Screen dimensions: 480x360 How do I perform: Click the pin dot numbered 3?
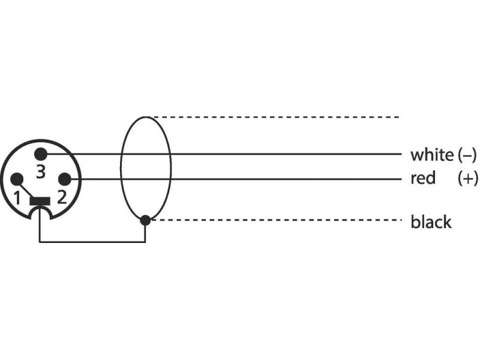[x=41, y=154]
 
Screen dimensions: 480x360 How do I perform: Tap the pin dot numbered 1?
[x=17, y=179]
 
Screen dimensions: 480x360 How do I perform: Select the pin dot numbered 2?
[x=65, y=179]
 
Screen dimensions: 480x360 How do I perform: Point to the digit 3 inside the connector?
[x=41, y=172]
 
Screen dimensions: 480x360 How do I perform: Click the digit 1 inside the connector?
[x=17, y=198]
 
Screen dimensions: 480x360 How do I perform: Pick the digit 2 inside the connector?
[x=62, y=197]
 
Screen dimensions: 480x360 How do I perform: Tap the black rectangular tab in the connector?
[x=40, y=201]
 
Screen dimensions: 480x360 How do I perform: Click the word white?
[x=432, y=155]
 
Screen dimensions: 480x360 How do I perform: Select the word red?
[x=423, y=178]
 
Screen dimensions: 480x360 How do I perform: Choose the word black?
[x=431, y=221]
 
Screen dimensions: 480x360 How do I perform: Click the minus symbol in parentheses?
[x=467, y=155]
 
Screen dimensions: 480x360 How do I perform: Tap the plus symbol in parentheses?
[x=467, y=178]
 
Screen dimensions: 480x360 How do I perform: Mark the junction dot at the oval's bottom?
[x=145, y=220]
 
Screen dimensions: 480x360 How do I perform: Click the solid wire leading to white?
[x=221, y=154]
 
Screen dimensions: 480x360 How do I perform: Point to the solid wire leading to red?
[x=233, y=179]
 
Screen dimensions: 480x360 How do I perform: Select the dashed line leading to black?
[x=276, y=220]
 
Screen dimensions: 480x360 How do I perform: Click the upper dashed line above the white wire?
[x=276, y=117]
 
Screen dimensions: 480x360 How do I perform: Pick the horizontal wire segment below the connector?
[x=92, y=242]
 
